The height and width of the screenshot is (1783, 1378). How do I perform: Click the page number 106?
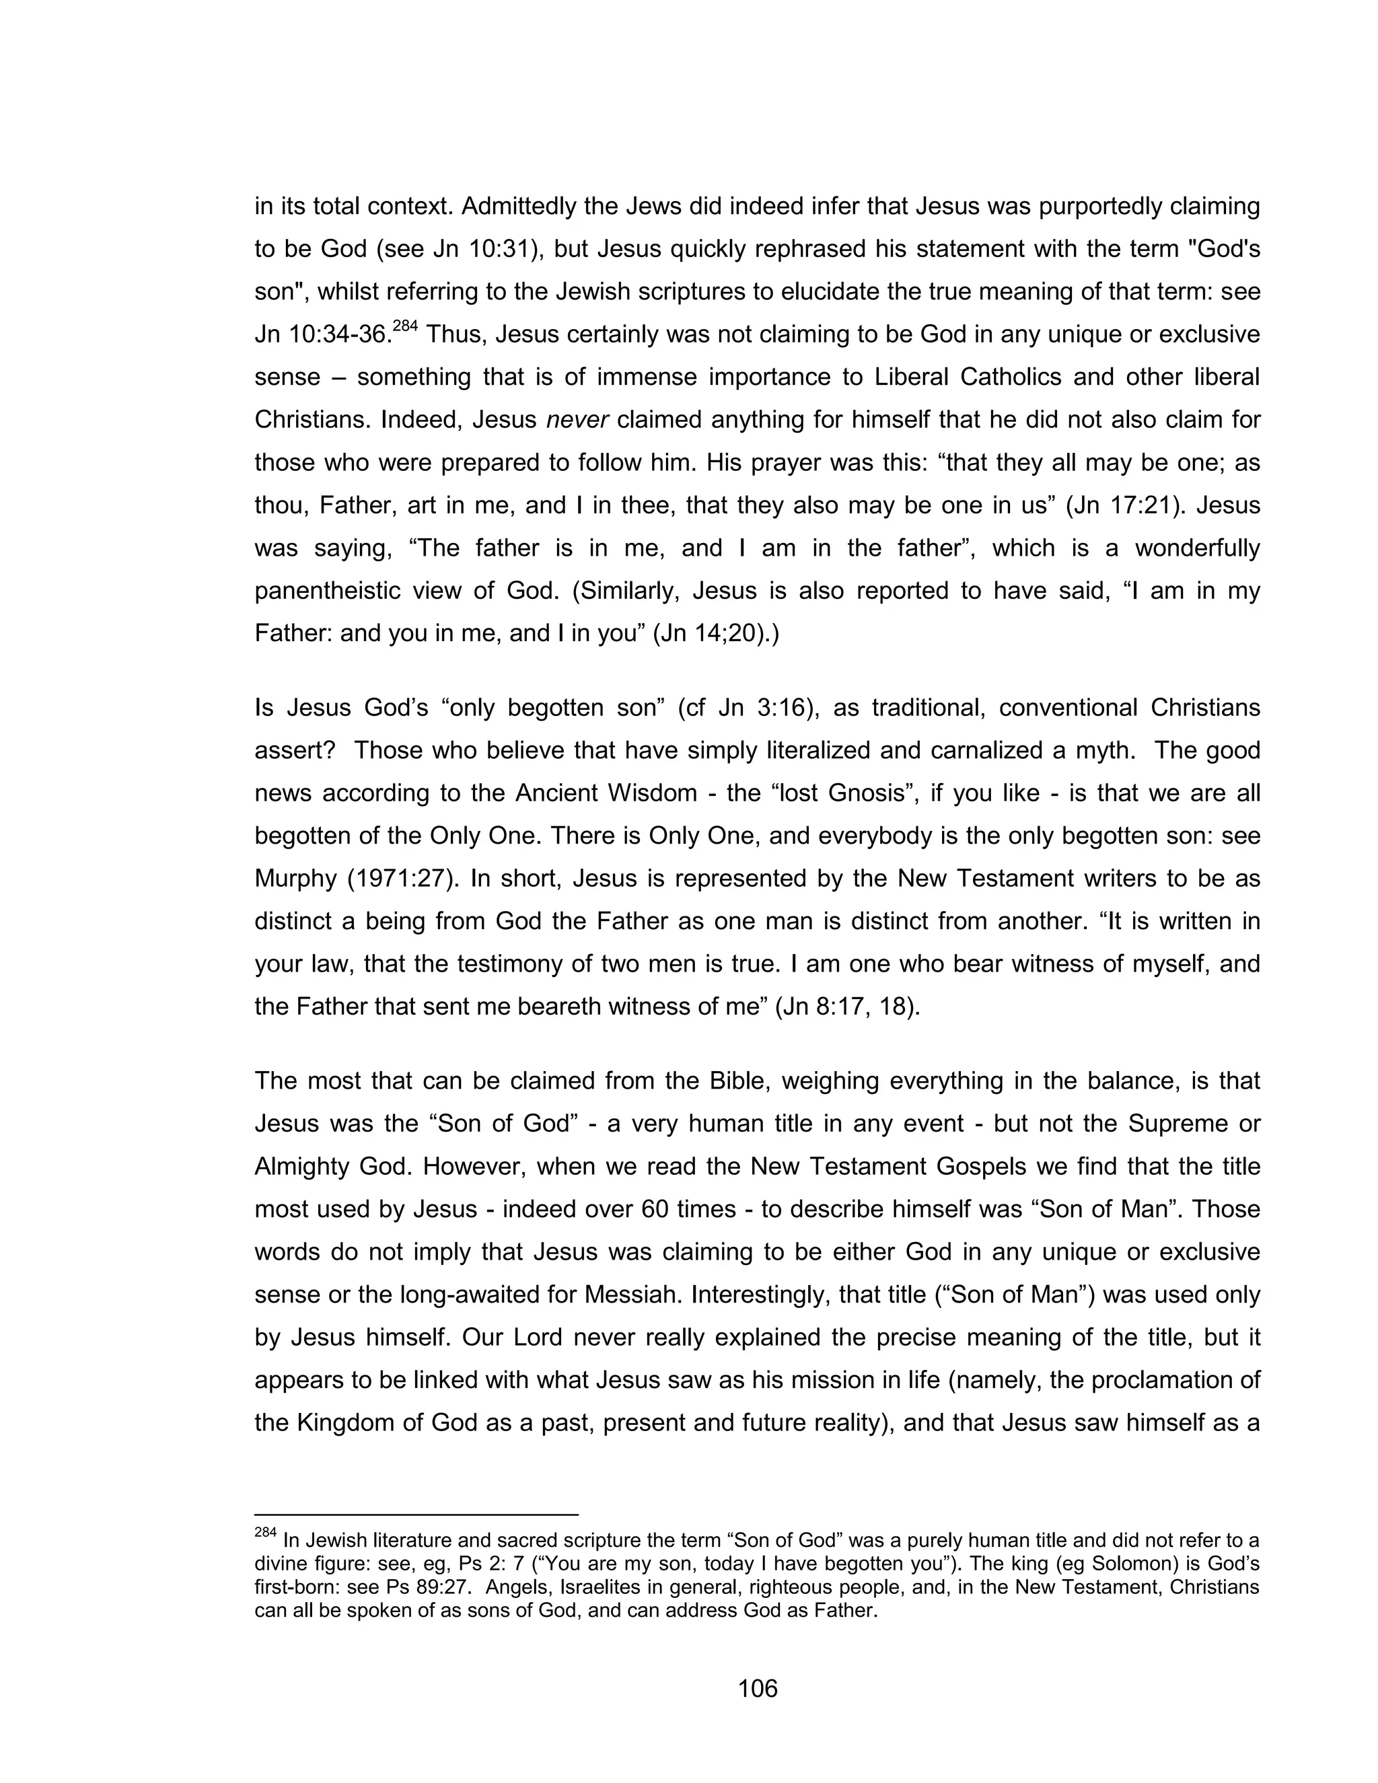(x=757, y=1687)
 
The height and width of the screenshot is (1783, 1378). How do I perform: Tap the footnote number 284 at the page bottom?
(x=265, y=1532)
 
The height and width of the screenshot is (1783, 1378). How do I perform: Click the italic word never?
(x=577, y=421)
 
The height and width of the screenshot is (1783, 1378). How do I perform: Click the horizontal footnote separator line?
(x=416, y=1515)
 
